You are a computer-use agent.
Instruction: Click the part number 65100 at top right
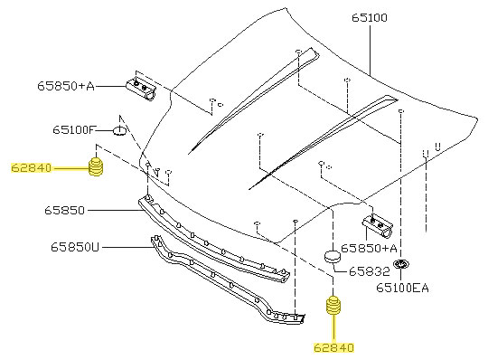point(370,17)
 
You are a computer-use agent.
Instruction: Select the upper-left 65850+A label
point(66,86)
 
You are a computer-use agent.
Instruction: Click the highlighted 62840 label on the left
point(31,168)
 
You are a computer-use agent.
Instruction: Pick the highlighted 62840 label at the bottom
point(334,347)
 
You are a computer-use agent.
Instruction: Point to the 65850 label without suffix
point(64,210)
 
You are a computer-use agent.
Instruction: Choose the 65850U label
point(75,247)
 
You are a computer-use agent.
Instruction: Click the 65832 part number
point(370,271)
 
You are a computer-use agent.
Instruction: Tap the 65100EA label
point(402,288)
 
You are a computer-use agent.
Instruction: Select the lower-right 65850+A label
point(369,248)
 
